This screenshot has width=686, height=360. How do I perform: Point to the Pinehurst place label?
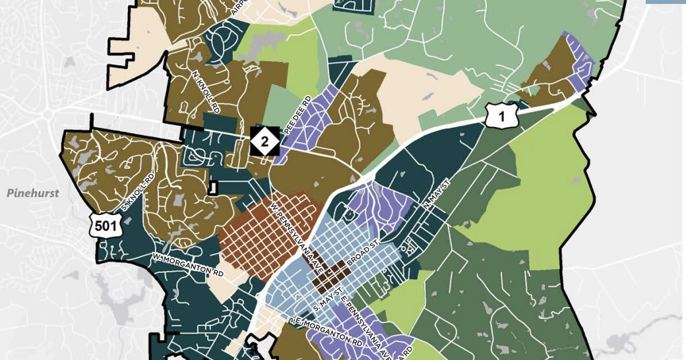click(32, 193)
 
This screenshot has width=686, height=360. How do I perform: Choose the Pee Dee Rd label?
click(297, 117)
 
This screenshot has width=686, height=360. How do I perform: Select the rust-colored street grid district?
click(257, 231)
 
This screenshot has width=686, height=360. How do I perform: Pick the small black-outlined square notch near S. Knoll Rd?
click(212, 187)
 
